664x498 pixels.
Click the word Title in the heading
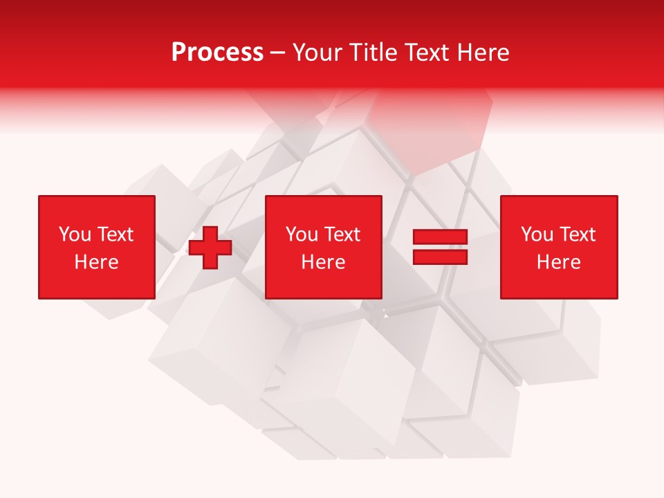pos(373,53)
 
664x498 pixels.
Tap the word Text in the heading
pos(427,53)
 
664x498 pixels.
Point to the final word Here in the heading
pos(483,53)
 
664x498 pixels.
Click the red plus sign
pos(210,248)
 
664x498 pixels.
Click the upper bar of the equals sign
pos(441,237)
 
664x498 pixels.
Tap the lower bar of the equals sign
pos(441,257)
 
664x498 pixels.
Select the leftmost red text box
pos(96,247)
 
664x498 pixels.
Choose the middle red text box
pos(323,247)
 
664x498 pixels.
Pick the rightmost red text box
pos(558,247)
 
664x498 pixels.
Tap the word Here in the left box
pos(96,262)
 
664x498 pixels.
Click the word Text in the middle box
pos(342,234)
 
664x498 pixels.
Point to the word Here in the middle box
pos(323,262)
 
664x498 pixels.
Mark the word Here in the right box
pos(558,262)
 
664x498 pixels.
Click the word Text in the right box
pos(577,234)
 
